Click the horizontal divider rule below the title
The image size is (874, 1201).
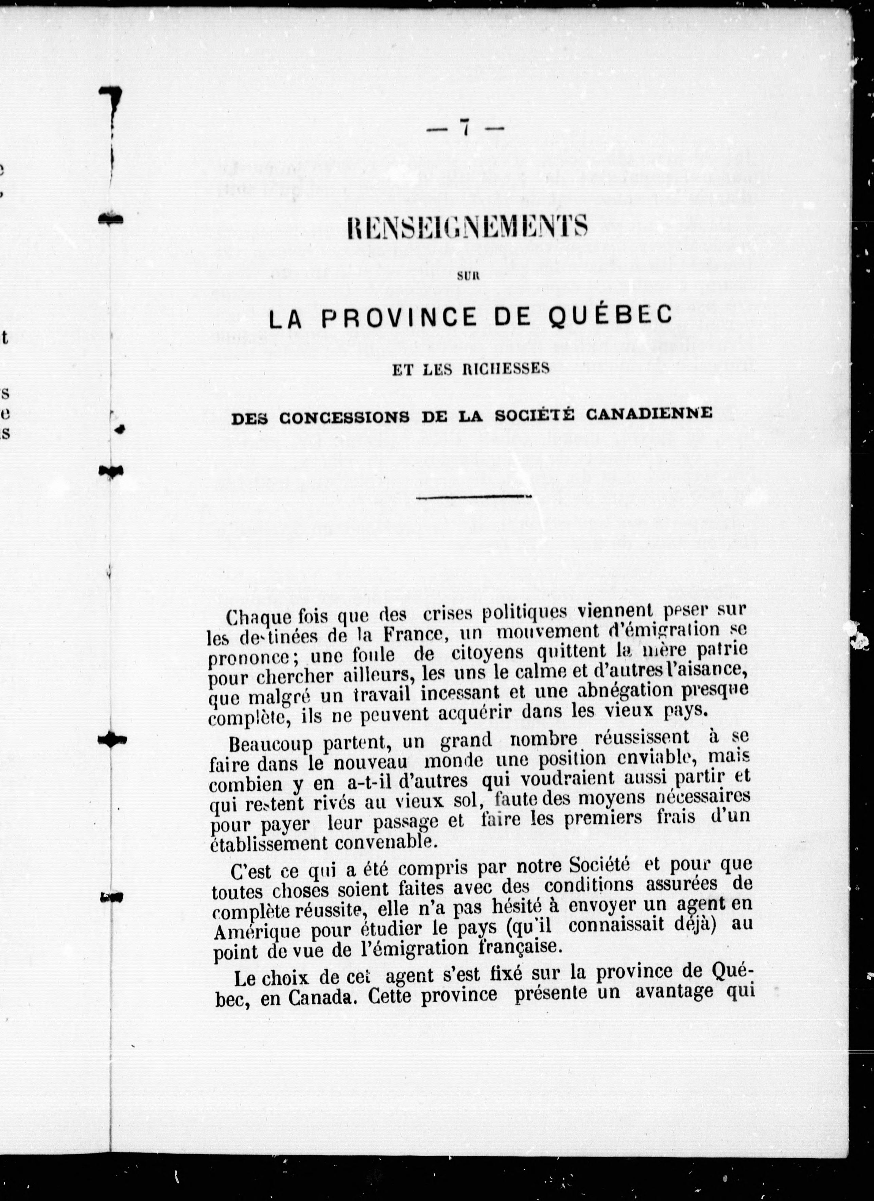(x=474, y=497)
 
